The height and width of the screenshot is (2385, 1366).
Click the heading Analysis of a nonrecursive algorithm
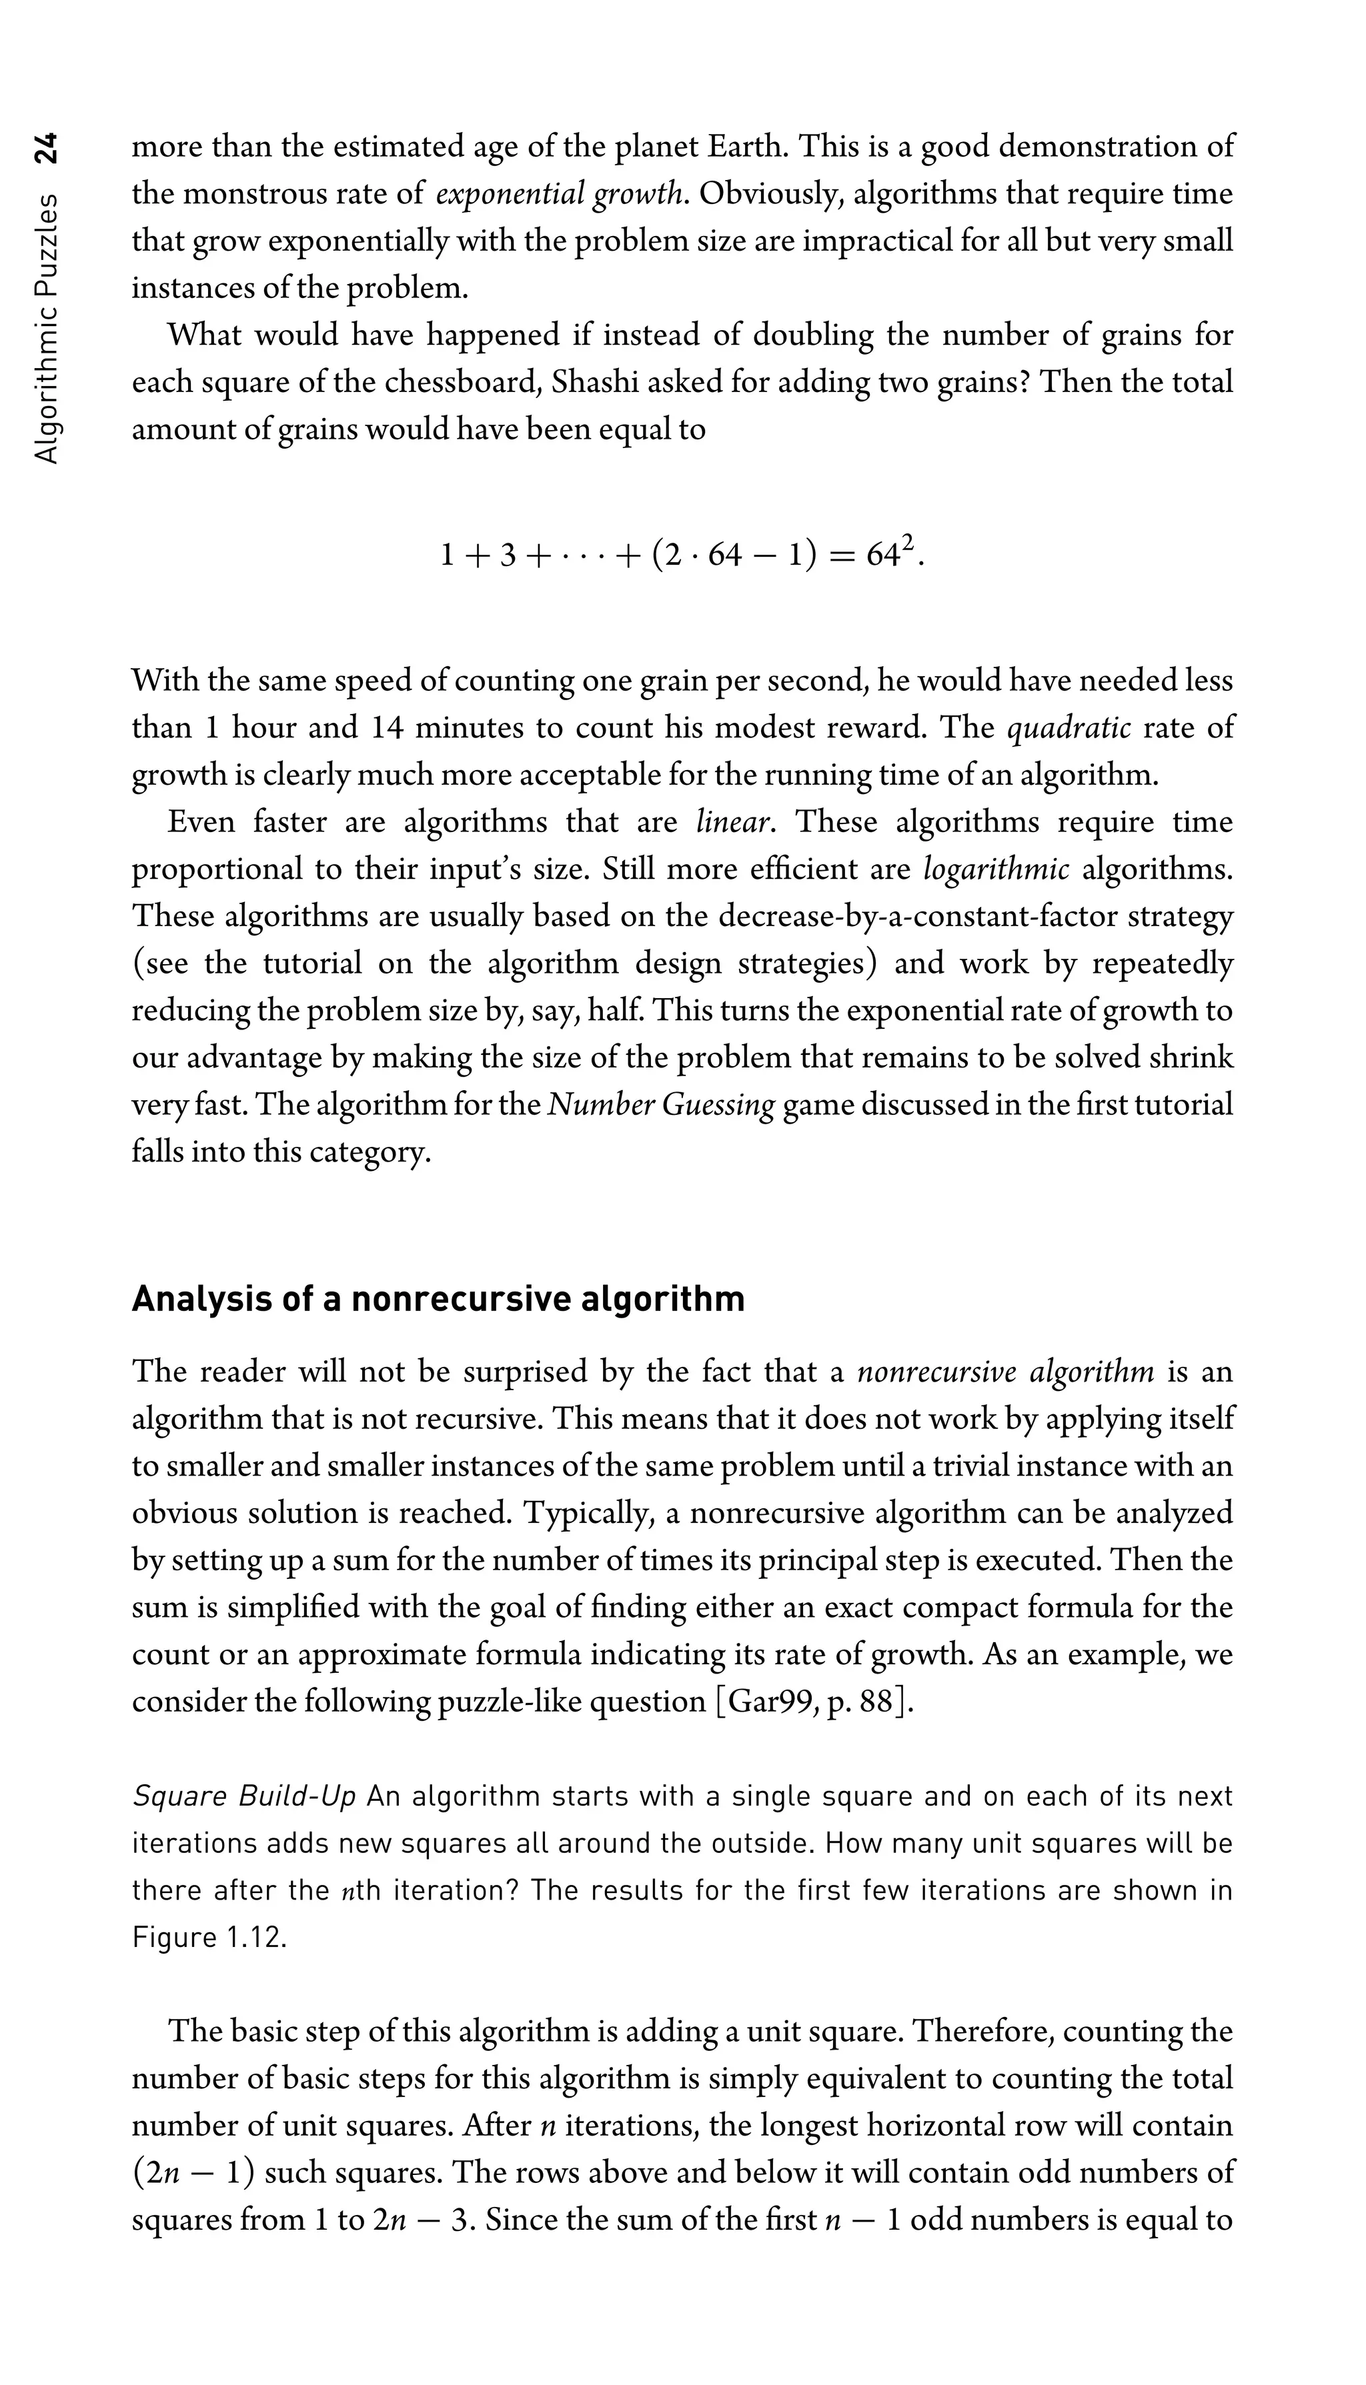(438, 1299)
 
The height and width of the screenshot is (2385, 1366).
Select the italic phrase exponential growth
(560, 194)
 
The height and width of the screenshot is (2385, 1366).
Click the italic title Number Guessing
(662, 1105)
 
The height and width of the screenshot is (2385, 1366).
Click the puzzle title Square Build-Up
(244, 1797)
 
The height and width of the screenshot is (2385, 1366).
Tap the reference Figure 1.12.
(208, 1938)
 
